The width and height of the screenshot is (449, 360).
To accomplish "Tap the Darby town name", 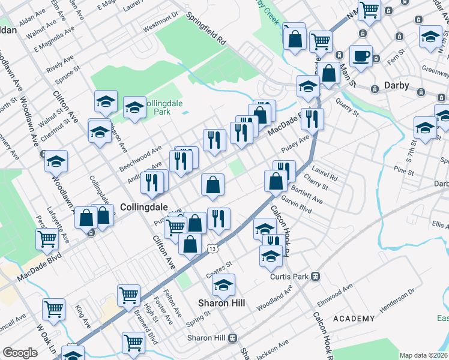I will pos(396,85).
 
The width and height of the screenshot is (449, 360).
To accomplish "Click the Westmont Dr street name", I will pos(161,22).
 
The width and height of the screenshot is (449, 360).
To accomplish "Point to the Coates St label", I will pos(220,265).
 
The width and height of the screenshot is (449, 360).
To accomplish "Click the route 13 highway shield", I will pos(212,248).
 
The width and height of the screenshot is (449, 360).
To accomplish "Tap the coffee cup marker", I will pos(361,56).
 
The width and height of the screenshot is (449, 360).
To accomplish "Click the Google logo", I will pos(20,353).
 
